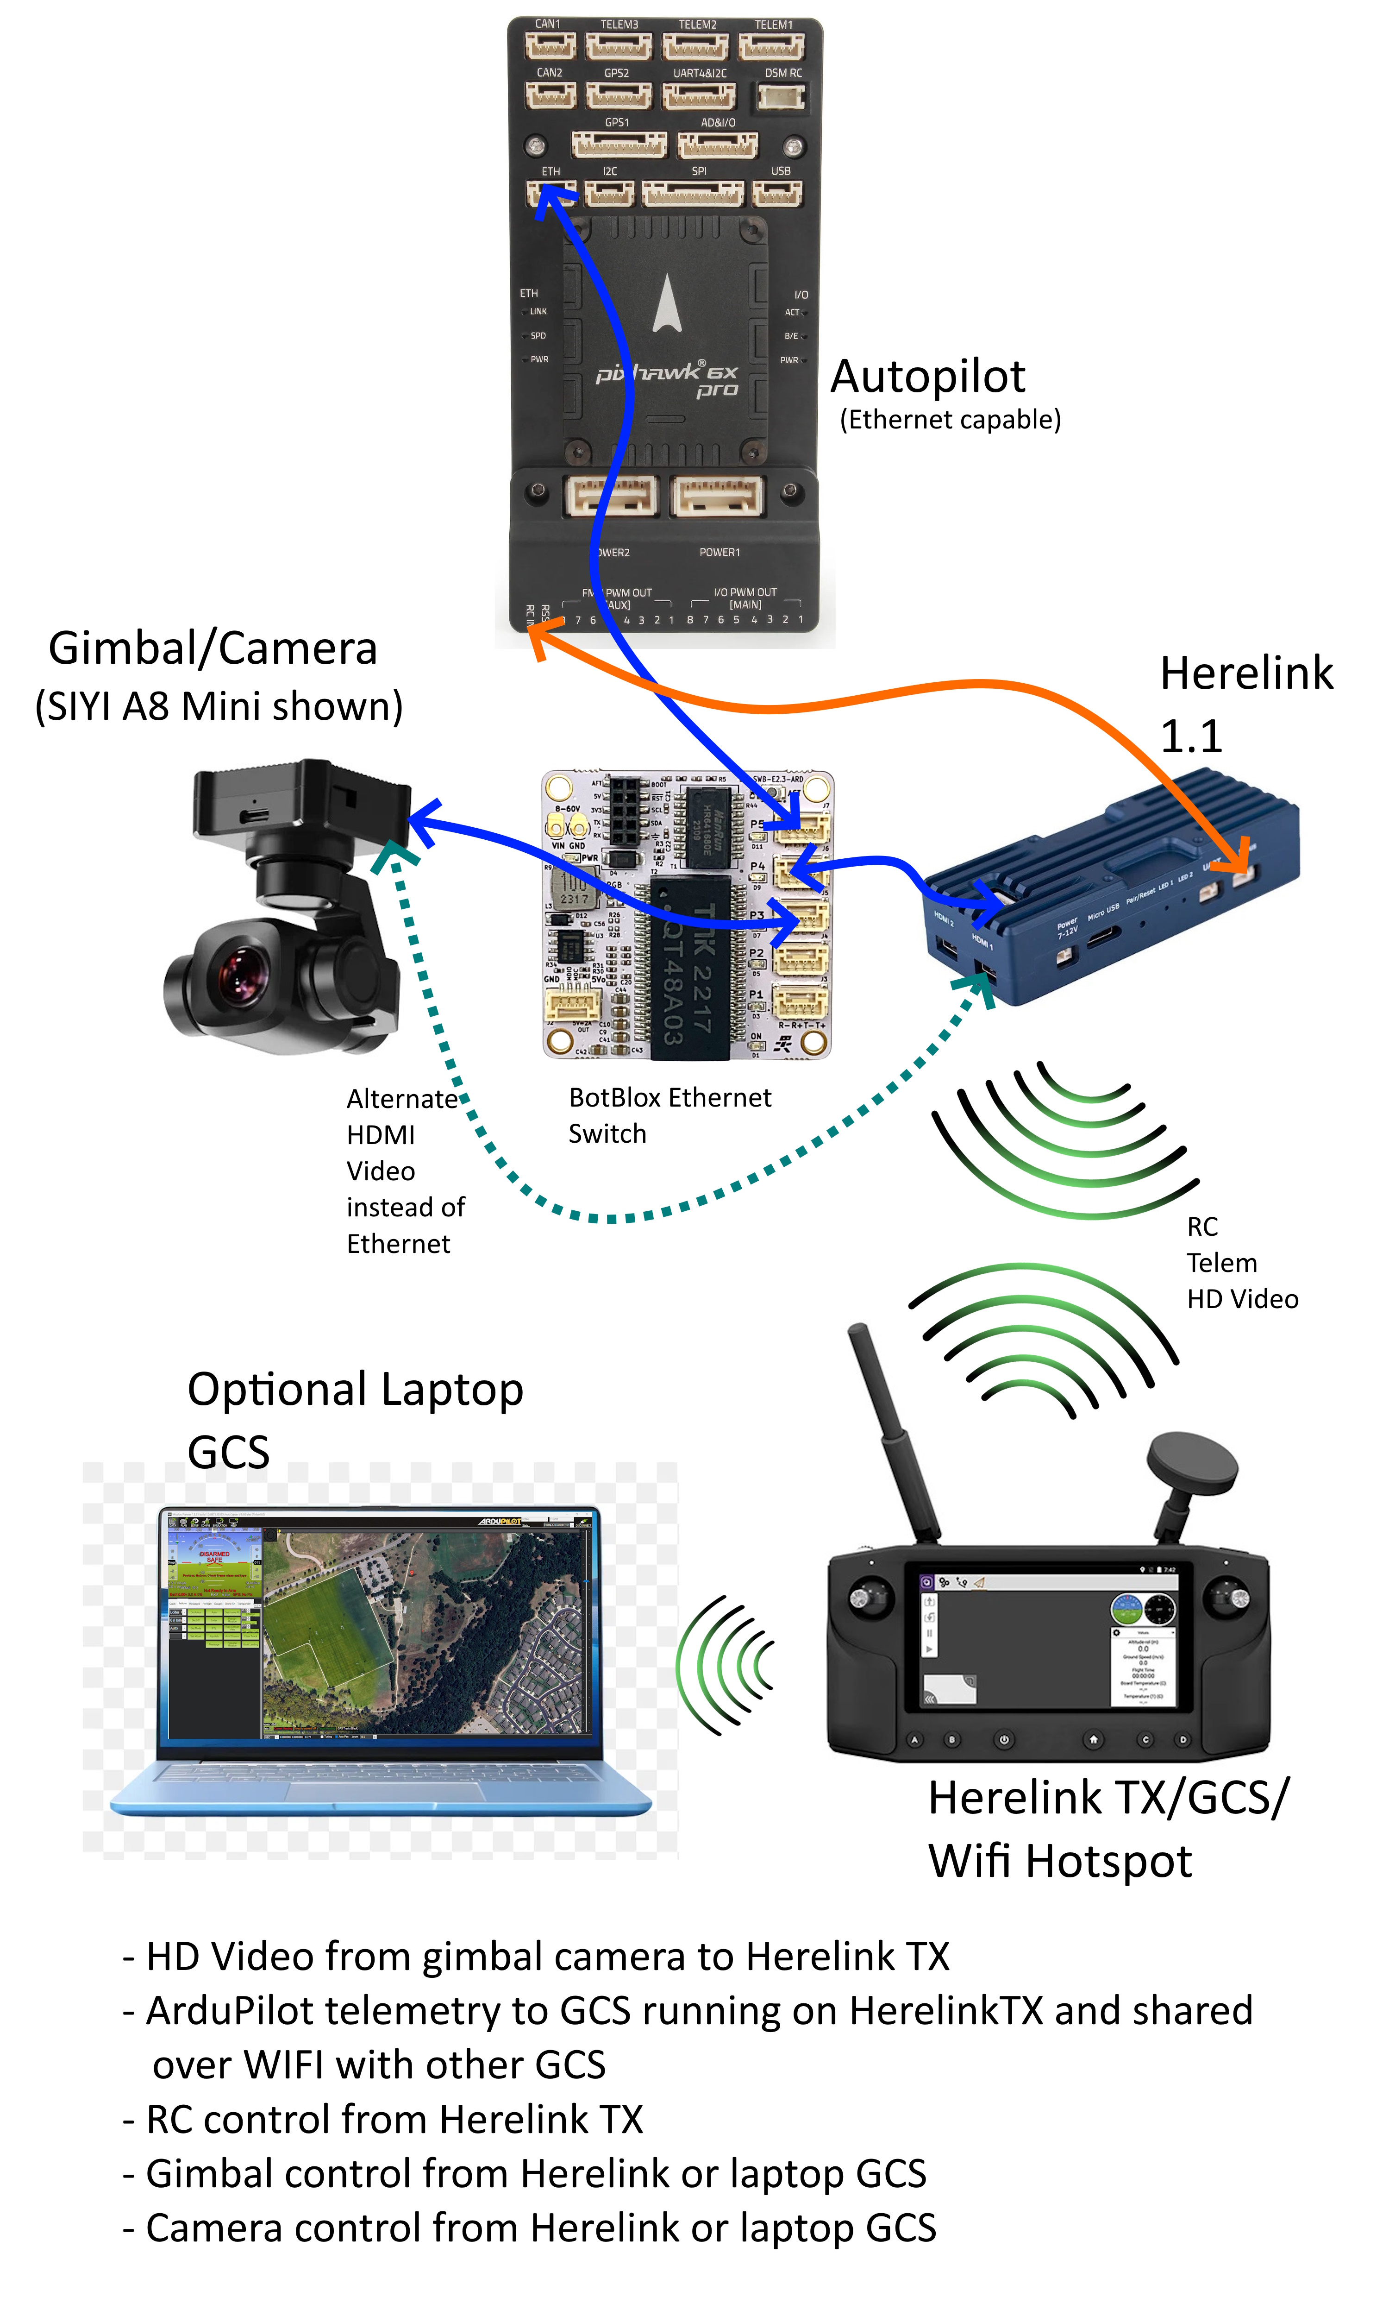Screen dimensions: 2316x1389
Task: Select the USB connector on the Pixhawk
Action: (777, 194)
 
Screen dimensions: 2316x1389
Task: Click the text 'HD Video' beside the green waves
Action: (1242, 1299)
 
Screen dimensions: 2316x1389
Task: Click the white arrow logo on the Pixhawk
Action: (666, 304)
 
